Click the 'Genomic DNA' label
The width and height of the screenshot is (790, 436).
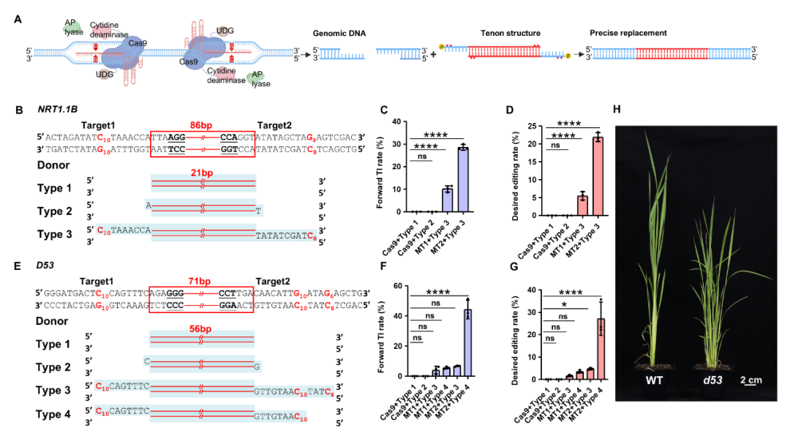click(x=339, y=34)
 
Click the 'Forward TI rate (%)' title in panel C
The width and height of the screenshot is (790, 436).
click(x=381, y=167)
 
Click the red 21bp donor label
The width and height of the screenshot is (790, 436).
click(x=203, y=170)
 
